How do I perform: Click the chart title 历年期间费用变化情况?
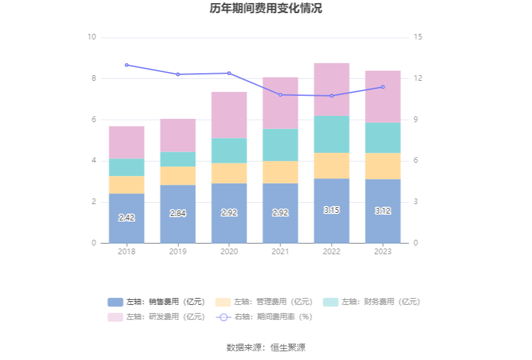tap(266, 9)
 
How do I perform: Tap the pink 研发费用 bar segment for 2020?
tap(229, 115)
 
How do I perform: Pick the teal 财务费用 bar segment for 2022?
tap(332, 134)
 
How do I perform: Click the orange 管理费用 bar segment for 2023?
tap(383, 166)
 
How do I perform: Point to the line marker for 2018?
tap(126, 64)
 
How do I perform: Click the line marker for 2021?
tap(280, 95)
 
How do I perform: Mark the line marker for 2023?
tap(383, 87)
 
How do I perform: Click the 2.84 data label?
tap(178, 213)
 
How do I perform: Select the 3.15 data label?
tap(332, 210)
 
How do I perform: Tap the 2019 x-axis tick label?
tap(178, 252)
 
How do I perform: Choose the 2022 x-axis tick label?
tap(332, 252)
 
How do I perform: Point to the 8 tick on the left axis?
tap(92, 78)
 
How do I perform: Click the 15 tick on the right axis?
tap(418, 37)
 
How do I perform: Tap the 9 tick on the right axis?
tap(418, 120)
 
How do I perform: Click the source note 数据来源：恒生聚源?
tap(266, 347)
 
